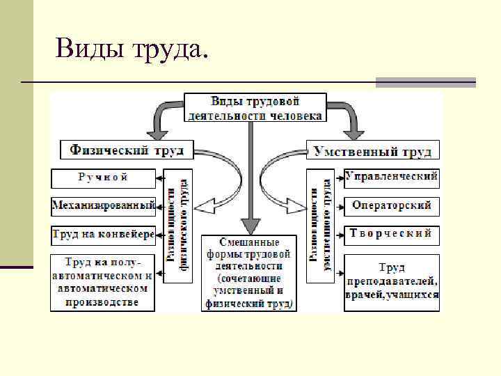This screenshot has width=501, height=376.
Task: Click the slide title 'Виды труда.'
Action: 132,49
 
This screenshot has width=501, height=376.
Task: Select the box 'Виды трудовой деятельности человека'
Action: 255,108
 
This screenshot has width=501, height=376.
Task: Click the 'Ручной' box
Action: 103,178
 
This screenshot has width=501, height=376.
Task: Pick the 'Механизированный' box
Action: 103,206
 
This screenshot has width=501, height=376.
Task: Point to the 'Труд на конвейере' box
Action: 103,235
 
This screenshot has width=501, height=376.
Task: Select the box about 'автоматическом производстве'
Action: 103,282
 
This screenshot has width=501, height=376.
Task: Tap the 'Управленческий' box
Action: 392,178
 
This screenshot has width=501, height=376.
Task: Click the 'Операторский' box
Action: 392,206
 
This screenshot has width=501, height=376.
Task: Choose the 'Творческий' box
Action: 392,234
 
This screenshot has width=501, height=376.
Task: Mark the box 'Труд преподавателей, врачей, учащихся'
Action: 392,282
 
